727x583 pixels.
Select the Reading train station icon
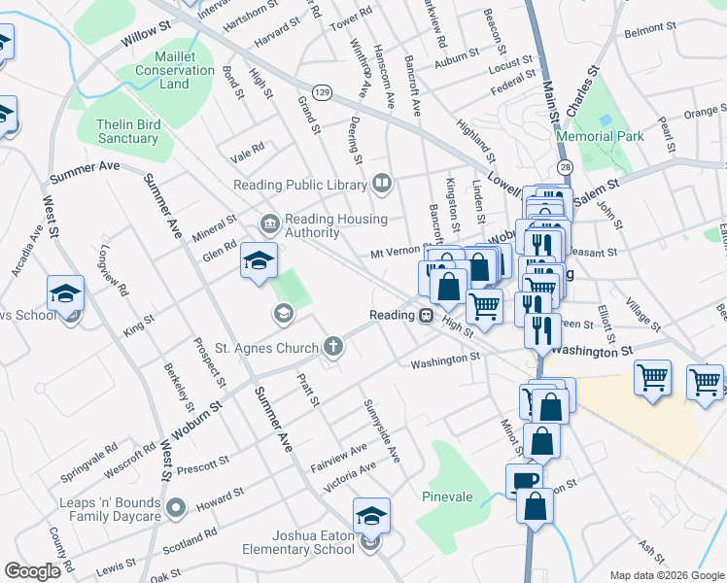point(426,316)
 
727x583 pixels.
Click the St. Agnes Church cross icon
point(332,347)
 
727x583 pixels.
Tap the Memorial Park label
point(600,137)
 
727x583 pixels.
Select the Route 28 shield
point(565,168)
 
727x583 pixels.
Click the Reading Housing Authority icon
point(269,224)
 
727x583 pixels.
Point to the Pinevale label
point(447,497)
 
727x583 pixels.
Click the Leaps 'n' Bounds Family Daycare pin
point(176,507)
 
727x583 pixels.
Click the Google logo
point(32,571)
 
